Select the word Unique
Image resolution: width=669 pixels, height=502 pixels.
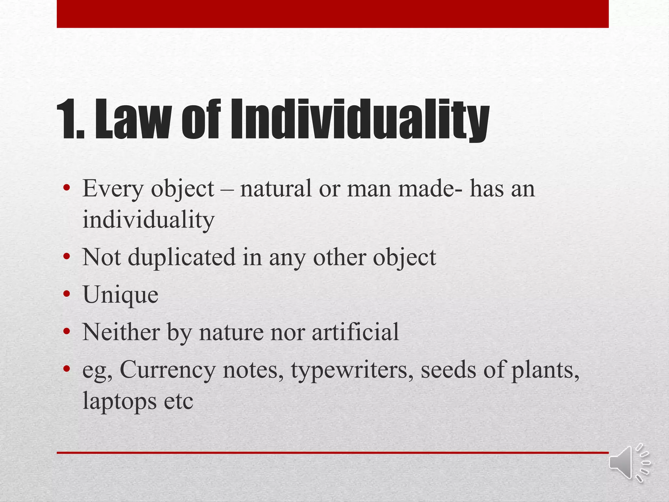(x=121, y=295)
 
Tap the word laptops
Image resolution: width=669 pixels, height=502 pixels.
(x=119, y=401)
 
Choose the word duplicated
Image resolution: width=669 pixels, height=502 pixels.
(x=181, y=258)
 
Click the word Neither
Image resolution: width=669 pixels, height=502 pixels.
(x=121, y=332)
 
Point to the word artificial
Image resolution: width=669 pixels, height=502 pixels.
(x=355, y=332)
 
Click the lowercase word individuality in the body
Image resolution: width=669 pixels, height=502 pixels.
(x=148, y=220)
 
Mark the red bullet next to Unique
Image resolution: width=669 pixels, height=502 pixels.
(x=67, y=294)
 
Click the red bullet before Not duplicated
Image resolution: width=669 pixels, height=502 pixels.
(x=67, y=257)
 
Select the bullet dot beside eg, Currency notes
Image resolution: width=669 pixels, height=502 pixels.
(x=67, y=369)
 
